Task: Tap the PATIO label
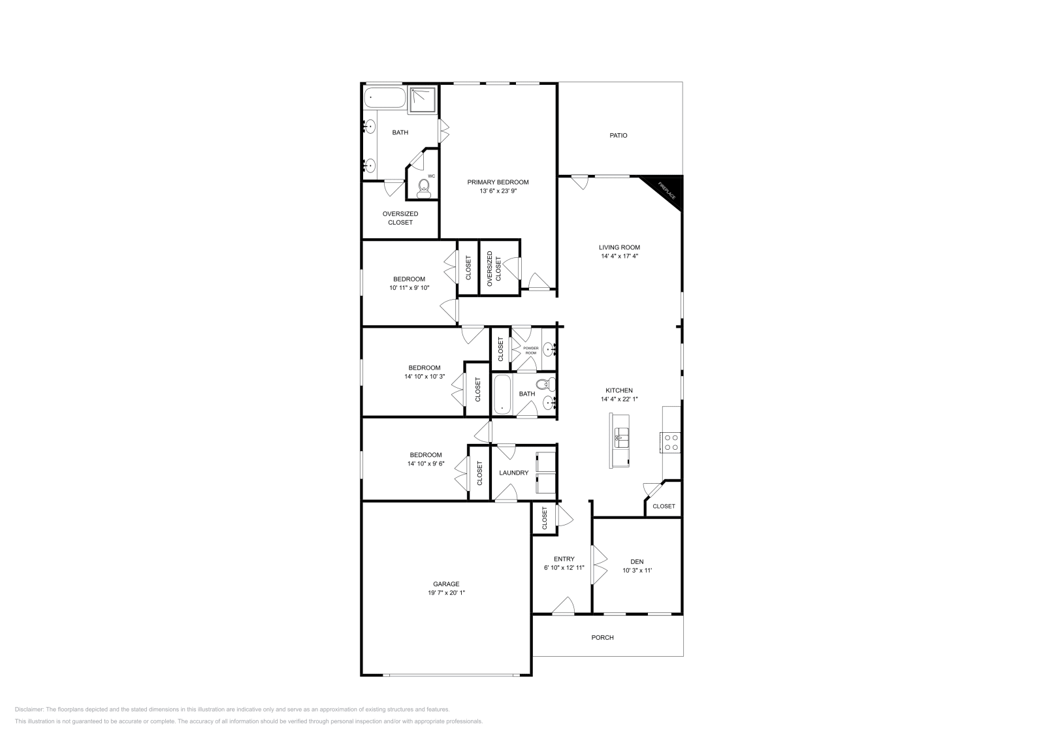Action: pyautogui.click(x=618, y=135)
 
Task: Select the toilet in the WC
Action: pyautogui.click(x=424, y=189)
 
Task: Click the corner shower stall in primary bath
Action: pyautogui.click(x=423, y=99)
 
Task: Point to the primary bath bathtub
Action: pyautogui.click(x=385, y=98)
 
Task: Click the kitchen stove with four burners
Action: pyautogui.click(x=670, y=443)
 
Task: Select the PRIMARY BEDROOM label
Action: pyautogui.click(x=498, y=182)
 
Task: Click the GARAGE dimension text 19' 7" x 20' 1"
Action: pyautogui.click(x=447, y=593)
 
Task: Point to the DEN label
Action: pyautogui.click(x=637, y=562)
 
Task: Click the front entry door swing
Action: pyautogui.click(x=563, y=605)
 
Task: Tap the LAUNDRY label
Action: pyautogui.click(x=513, y=473)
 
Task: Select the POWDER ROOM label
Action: pyautogui.click(x=531, y=351)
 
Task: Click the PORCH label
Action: pyautogui.click(x=602, y=637)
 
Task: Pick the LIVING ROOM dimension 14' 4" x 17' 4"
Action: pyautogui.click(x=619, y=256)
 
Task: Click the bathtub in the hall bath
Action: pyautogui.click(x=502, y=394)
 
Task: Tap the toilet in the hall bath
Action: pyautogui.click(x=546, y=385)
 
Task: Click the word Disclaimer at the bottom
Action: pyautogui.click(x=29, y=710)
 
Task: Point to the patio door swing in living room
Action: pyautogui.click(x=580, y=182)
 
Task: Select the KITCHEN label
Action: pyautogui.click(x=619, y=390)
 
